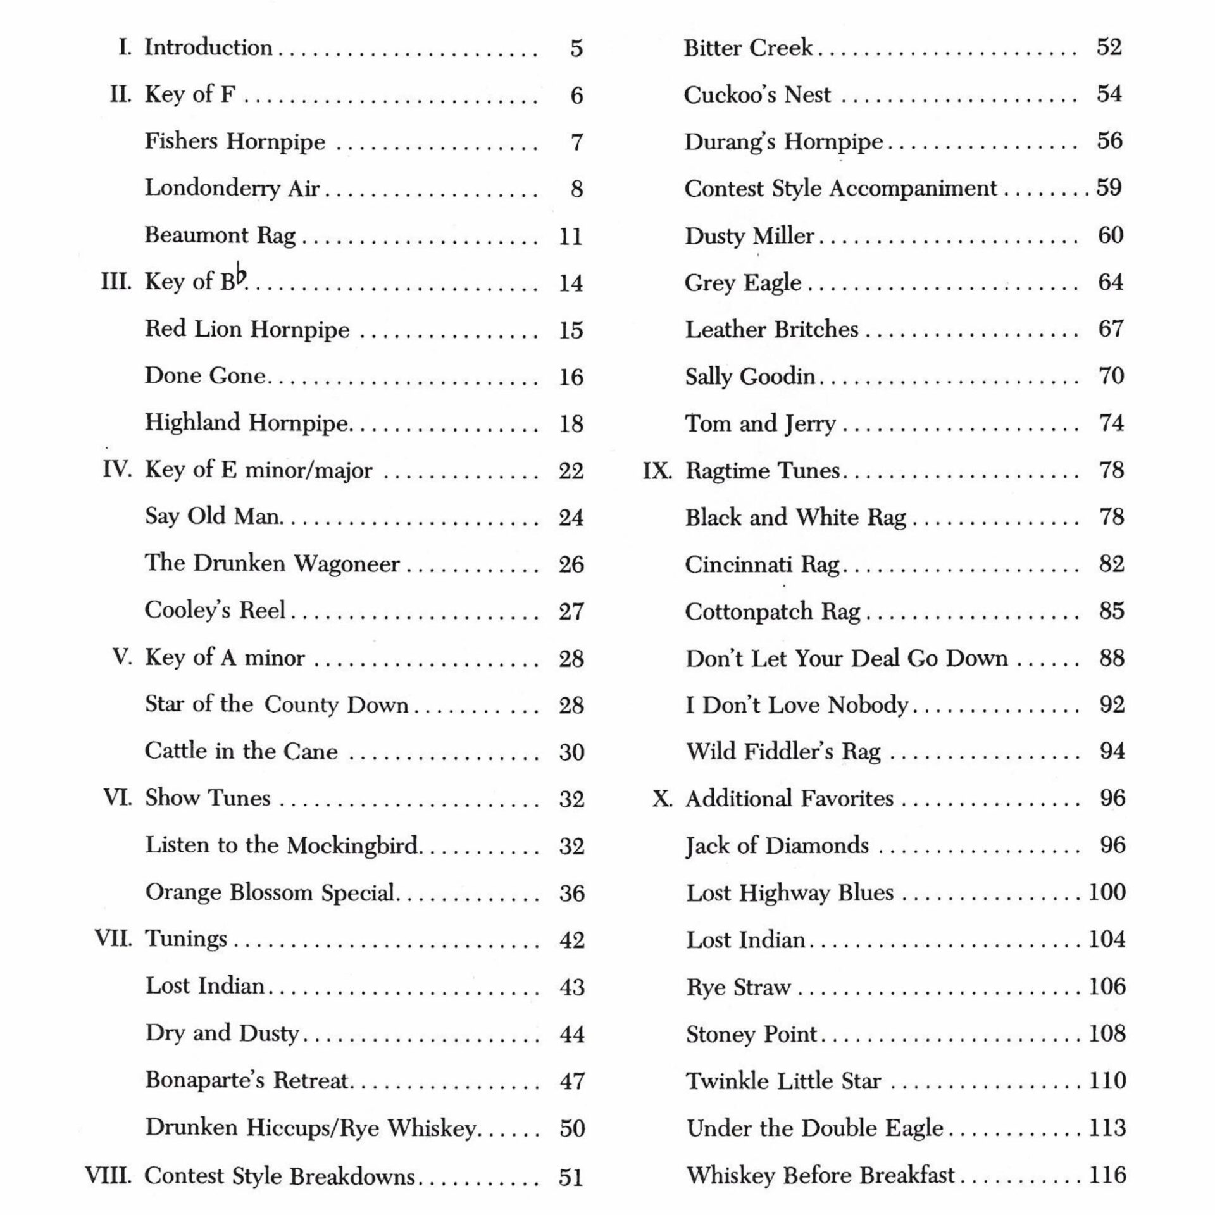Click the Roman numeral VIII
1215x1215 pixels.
[108, 1176]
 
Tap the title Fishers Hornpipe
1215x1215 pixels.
[235, 141]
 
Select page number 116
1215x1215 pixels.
[1107, 1174]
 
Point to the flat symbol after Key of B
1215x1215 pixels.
[240, 277]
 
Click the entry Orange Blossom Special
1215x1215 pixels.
[270, 892]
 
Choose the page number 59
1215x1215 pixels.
[1109, 187]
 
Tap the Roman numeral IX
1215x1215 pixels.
[657, 471]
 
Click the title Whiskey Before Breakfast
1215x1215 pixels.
[820, 1175]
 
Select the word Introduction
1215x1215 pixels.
[208, 47]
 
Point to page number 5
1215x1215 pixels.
[576, 49]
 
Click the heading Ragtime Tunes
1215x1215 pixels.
[763, 471]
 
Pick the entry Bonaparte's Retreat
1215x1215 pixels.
[247, 1080]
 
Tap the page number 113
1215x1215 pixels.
[1107, 1128]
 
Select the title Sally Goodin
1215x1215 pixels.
[750, 377]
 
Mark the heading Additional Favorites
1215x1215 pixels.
[790, 799]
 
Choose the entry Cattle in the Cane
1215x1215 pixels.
[241, 751]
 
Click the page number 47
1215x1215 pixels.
[572, 1081]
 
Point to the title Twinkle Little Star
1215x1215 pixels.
[783, 1081]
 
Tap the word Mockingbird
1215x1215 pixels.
[354, 845]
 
